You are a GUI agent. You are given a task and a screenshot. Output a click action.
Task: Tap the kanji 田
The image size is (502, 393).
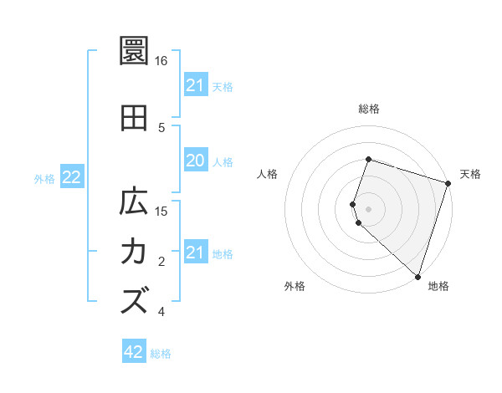(x=134, y=119)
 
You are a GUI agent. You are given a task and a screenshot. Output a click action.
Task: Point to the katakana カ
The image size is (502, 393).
(x=134, y=251)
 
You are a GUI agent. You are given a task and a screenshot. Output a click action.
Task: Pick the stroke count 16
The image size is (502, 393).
(x=161, y=61)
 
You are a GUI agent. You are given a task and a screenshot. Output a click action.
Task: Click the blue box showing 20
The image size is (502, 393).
(x=195, y=161)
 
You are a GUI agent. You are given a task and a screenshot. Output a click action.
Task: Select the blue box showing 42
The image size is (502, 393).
(x=134, y=352)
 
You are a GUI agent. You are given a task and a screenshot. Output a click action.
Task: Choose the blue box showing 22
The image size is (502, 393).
(x=72, y=177)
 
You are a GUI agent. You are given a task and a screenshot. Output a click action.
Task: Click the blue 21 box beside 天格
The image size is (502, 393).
(x=195, y=85)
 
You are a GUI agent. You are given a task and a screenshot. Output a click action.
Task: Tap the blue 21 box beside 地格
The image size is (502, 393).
(x=195, y=253)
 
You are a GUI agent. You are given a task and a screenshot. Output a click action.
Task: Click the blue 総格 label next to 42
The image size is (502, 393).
(x=161, y=354)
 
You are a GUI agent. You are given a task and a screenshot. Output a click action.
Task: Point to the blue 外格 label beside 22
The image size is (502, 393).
(x=44, y=178)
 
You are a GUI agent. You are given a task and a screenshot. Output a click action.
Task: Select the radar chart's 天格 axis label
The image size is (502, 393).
(x=470, y=174)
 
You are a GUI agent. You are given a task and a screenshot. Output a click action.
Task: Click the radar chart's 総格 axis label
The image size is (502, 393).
(x=368, y=109)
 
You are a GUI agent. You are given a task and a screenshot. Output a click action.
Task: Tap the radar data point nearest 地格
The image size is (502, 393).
(x=417, y=276)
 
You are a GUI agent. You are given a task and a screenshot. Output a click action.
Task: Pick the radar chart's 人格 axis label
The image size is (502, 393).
(x=267, y=174)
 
